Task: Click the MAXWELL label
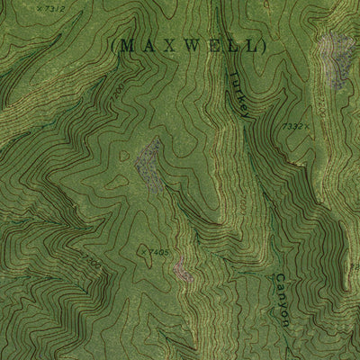pyautogui.click(x=190, y=44)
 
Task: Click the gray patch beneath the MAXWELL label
pyautogui.click(x=148, y=159)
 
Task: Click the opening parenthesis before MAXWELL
pyautogui.click(x=112, y=44)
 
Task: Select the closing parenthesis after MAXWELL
pyautogui.click(x=267, y=44)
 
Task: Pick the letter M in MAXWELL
pyautogui.click(x=126, y=44)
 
